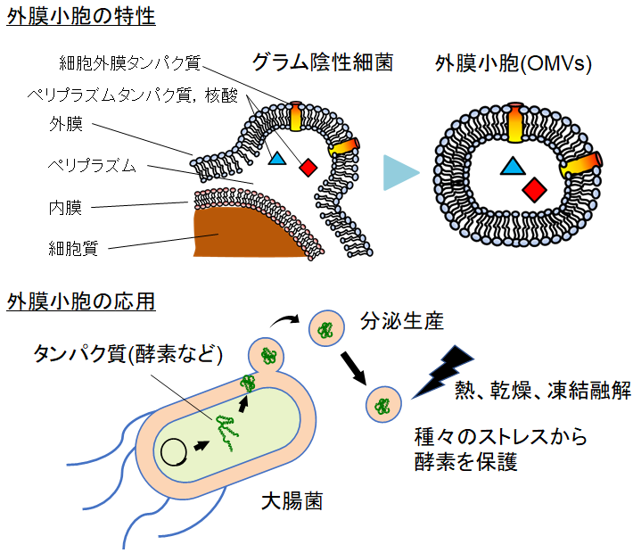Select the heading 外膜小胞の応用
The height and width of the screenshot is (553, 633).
tap(80, 301)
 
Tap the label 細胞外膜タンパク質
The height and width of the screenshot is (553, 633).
tap(129, 63)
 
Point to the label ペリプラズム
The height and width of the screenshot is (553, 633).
tap(92, 165)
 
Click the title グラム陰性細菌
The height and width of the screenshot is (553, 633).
tap(322, 62)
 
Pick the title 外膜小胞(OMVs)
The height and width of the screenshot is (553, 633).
tap(514, 63)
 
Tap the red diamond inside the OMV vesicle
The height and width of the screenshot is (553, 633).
tap(534, 189)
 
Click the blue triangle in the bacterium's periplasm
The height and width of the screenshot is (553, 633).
tap(276, 159)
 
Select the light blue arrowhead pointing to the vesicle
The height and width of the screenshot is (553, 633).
tap(400, 172)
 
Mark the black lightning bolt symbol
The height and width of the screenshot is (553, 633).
tap(443, 370)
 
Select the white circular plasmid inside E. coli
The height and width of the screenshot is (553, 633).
tap(176, 453)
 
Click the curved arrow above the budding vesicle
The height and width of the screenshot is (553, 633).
tap(285, 320)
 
